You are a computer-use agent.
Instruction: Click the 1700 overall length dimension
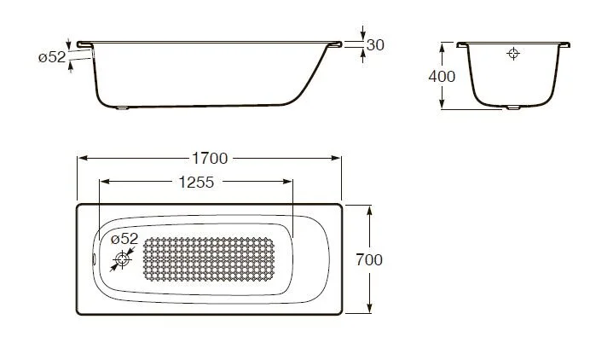[x=209, y=158]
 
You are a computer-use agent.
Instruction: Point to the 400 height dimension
[x=442, y=76]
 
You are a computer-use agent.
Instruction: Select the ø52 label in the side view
[x=52, y=57]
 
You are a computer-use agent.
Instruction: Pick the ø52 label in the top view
[x=124, y=238]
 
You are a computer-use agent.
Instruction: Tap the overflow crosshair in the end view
[x=512, y=54]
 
